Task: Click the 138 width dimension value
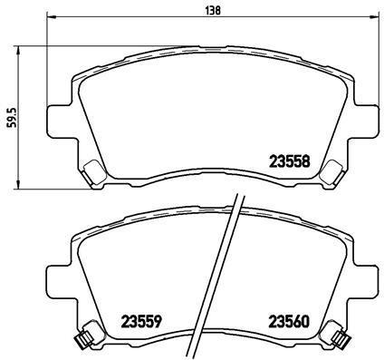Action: (x=211, y=10)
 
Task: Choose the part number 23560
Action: (x=287, y=320)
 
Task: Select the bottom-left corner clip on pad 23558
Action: (x=91, y=169)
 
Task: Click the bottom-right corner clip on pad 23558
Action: (x=332, y=169)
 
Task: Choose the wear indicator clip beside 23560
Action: (x=343, y=338)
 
